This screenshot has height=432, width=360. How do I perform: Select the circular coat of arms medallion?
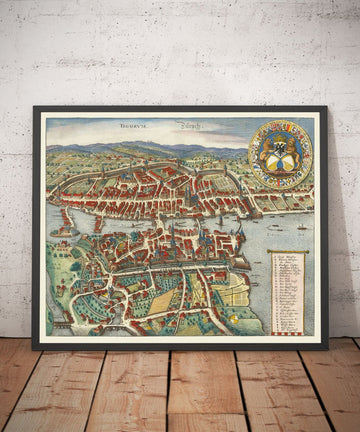280,153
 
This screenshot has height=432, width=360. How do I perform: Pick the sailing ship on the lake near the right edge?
302,224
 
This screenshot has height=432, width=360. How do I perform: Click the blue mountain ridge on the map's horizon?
150,150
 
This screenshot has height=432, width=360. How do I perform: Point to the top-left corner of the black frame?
35,108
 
